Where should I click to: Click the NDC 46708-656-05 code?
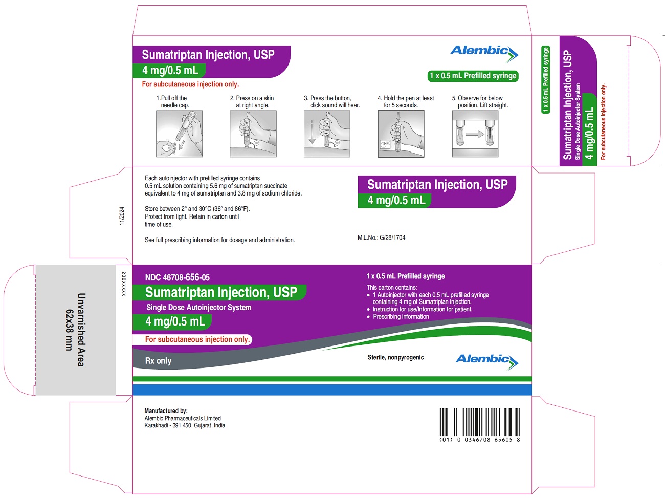click(x=177, y=277)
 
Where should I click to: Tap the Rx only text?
click(x=158, y=361)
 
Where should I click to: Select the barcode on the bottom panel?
click(x=480, y=422)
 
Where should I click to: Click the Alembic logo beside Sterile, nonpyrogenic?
click(x=487, y=362)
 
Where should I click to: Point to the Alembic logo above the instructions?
click(x=484, y=54)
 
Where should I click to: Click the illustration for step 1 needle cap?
click(x=180, y=134)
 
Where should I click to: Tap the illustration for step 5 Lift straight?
click(x=475, y=134)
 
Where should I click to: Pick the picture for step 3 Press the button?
click(x=327, y=134)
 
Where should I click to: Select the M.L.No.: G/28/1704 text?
click(x=381, y=237)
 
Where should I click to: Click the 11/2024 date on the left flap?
click(x=122, y=216)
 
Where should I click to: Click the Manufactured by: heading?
click(x=166, y=410)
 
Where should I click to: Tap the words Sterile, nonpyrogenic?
click(x=395, y=357)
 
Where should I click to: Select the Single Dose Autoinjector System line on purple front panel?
click(x=199, y=308)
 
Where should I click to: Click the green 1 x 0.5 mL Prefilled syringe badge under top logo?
click(x=473, y=76)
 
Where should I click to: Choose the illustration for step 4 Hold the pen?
click(x=401, y=134)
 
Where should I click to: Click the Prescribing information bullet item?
click(x=401, y=317)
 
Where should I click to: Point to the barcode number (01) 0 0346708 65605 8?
click(x=480, y=440)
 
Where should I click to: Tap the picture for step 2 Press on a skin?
click(x=253, y=134)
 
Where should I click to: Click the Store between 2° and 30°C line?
click(x=197, y=209)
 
